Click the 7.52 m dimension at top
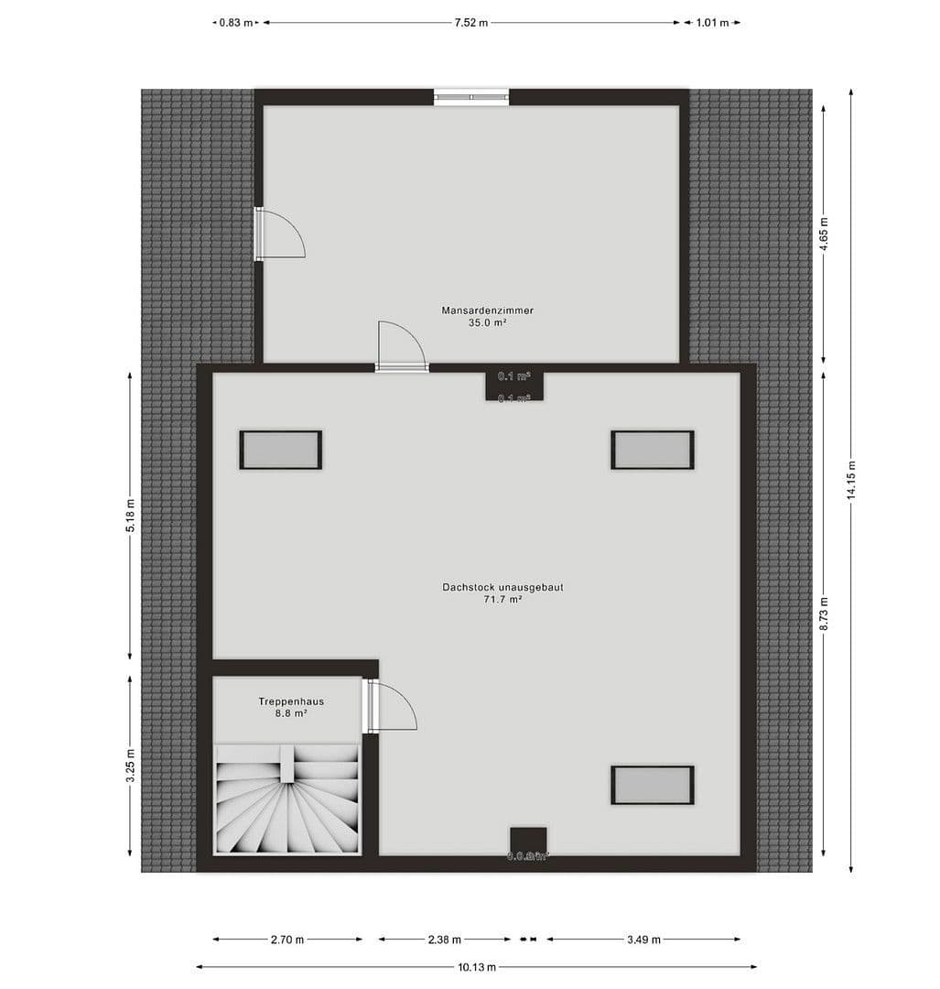click(471, 23)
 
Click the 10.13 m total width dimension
click(477, 967)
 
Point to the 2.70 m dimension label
click(287, 940)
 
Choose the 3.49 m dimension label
click(643, 940)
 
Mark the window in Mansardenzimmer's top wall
click(471, 97)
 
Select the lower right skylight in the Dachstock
click(653, 786)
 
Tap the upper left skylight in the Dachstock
click(281, 450)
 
